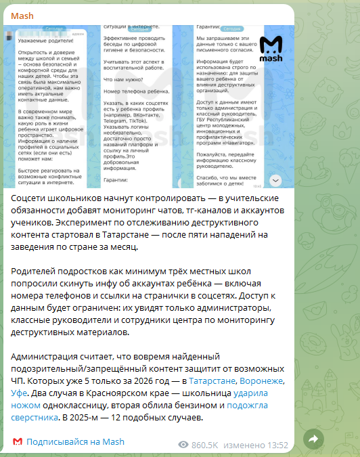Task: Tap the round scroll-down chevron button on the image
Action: click(275, 180)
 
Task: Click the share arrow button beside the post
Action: click(313, 439)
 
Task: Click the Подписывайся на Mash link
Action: click(75, 442)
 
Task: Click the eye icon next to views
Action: click(183, 445)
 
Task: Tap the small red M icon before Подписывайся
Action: click(17, 442)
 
